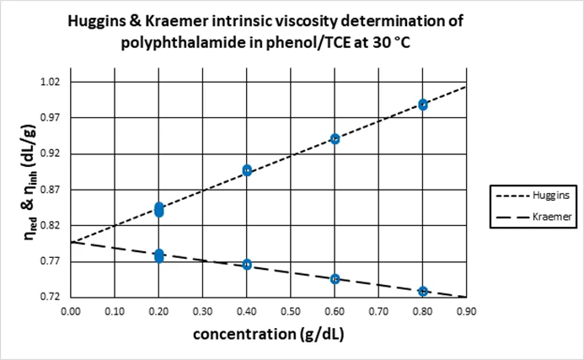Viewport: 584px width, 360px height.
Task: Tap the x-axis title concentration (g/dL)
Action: (267, 333)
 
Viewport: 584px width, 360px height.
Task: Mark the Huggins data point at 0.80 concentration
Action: (423, 105)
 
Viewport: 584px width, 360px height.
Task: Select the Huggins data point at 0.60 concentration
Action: (335, 138)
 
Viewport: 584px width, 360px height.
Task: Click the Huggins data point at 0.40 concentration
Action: (247, 170)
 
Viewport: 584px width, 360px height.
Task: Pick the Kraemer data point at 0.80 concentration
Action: (423, 292)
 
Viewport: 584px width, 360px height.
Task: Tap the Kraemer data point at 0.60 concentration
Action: (335, 279)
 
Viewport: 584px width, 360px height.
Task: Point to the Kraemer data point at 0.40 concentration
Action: (247, 265)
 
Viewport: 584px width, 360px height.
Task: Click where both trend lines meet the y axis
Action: (72, 243)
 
